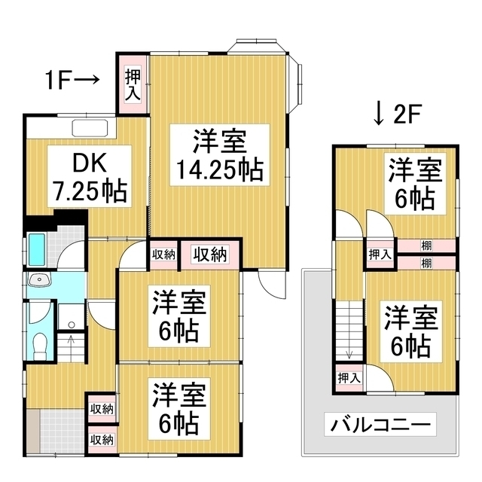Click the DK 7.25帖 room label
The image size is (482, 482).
coord(87,178)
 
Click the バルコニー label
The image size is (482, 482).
coord(380,425)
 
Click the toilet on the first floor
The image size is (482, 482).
coord(39,343)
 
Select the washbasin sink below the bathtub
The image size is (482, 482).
coord(38,282)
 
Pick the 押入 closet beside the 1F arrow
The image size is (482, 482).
coord(133,84)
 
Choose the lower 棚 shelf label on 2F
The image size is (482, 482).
coord(427,262)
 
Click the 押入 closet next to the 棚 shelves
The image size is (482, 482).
coord(380,255)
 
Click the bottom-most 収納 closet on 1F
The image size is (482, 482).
coord(102,438)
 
